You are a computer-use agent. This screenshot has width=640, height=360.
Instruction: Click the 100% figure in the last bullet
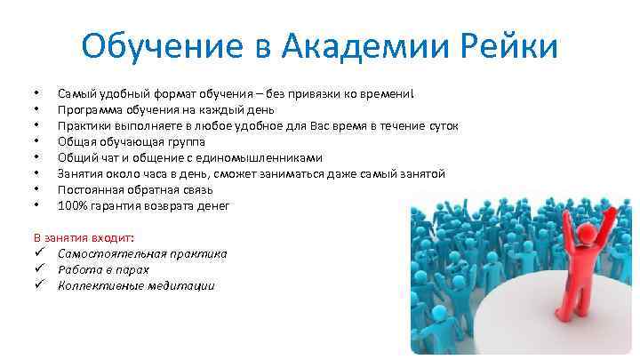pyautogui.click(x=72, y=205)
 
